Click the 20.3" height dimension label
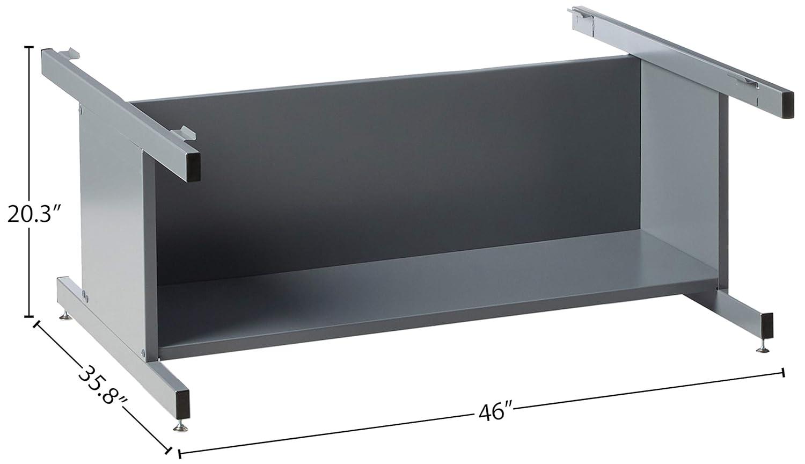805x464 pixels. [x=32, y=214]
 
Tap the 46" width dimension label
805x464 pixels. [x=492, y=413]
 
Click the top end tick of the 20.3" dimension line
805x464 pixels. [x=28, y=47]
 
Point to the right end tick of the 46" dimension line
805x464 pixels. [x=785, y=372]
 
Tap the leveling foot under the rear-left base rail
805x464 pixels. [x=65, y=317]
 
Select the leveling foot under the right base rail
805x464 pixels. [x=763, y=349]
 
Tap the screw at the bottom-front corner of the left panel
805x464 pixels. [x=143, y=353]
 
